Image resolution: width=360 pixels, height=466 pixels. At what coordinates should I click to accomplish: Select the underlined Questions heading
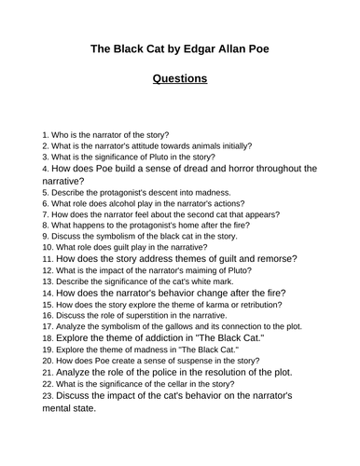coord(180,79)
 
